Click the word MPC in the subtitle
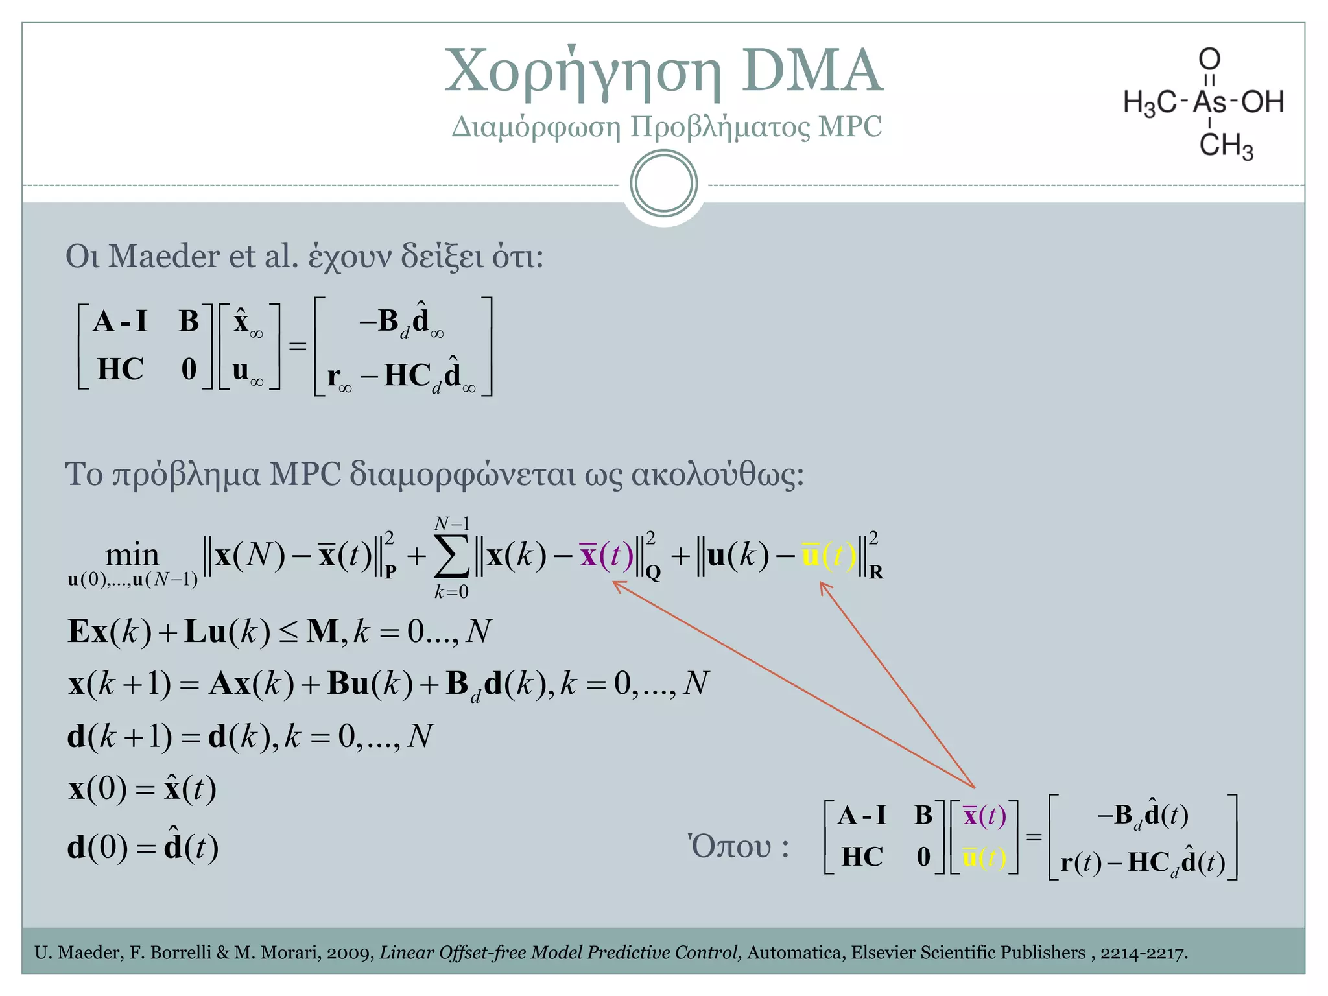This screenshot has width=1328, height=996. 849,126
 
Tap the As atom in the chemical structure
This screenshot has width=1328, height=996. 1209,102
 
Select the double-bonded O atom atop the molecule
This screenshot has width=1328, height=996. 1209,59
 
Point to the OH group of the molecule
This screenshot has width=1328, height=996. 1262,102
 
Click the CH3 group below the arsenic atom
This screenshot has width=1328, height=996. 1226,145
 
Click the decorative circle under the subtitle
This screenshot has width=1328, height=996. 663,184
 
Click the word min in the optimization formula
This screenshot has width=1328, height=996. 132,554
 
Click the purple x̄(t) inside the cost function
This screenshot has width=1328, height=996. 607,556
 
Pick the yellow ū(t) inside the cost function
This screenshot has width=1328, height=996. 829,556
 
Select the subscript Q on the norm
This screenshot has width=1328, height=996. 652,573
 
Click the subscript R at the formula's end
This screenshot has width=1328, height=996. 875,573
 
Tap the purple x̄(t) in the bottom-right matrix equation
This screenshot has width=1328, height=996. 984,816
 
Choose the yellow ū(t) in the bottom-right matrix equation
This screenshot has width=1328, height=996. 984,858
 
